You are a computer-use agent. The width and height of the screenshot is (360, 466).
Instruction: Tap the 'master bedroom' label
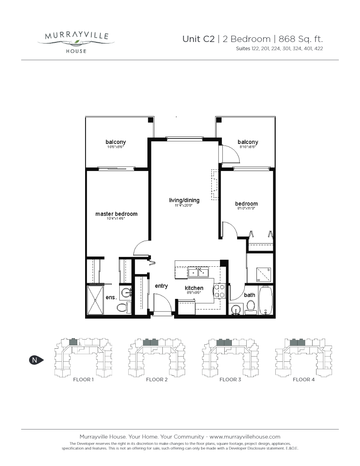coord(116,214)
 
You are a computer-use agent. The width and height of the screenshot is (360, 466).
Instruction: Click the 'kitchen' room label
coord(194,288)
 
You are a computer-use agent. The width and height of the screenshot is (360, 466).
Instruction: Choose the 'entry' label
coord(161,286)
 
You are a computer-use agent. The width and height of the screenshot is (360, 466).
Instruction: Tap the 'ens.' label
coord(111,297)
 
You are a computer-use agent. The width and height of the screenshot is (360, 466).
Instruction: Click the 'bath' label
coord(249,295)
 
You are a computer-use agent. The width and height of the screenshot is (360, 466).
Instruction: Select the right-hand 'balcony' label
coord(248,142)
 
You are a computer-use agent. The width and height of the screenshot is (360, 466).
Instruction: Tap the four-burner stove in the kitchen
coord(218,291)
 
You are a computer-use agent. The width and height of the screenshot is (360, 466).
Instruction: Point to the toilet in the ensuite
coord(123,308)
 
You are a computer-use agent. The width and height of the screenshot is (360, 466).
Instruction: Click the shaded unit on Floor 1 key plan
coord(73,342)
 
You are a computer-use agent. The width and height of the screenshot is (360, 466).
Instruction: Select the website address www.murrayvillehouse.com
coord(245,437)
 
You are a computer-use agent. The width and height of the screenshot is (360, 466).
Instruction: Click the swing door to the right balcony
coord(231,154)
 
